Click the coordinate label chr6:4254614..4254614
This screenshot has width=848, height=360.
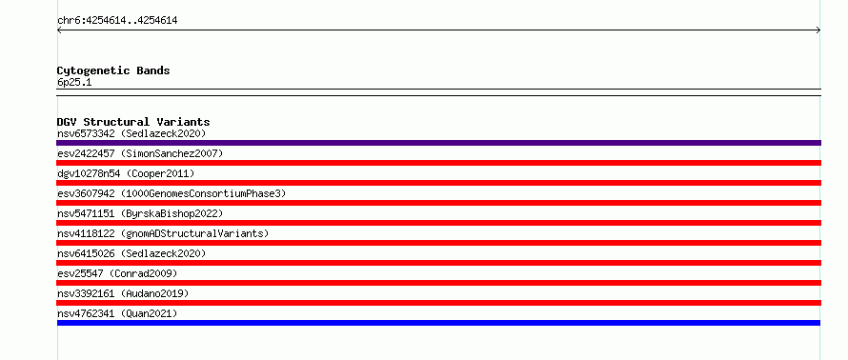coord(117,21)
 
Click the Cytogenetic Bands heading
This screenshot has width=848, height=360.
coord(113,70)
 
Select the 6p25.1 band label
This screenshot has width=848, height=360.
coord(74,82)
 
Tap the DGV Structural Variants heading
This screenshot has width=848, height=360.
coord(133,122)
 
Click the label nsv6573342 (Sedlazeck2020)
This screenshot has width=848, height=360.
coord(131,133)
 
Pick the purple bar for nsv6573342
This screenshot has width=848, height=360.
coord(438,143)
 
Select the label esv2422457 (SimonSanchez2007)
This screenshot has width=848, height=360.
coord(140,153)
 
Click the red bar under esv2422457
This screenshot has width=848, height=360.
coord(438,163)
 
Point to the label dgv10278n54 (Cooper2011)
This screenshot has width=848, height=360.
coord(126,173)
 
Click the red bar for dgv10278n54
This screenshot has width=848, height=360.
coord(438,183)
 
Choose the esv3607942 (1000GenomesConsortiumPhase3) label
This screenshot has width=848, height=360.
coord(172,193)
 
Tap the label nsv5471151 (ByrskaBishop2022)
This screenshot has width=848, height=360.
coord(140,213)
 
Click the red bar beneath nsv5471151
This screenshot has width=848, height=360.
coord(438,223)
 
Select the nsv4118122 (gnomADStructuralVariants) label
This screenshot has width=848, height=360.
coord(163,233)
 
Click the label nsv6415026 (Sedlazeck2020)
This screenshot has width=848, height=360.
coord(131,253)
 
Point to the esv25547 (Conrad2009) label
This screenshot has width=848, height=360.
coord(117,273)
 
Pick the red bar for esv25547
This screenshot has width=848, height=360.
coord(438,283)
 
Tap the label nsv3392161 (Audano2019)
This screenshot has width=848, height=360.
coord(123,293)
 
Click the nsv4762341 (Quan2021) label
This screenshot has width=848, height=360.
coord(117,313)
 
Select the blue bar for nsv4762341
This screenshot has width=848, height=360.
coord(438,323)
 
